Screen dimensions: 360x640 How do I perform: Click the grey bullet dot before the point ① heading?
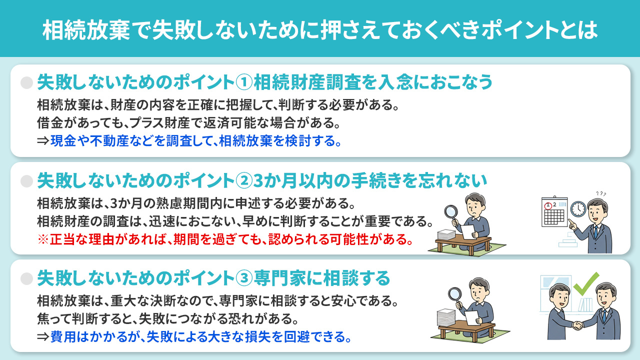click(26, 82)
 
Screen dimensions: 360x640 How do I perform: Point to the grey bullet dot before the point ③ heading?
click(26, 277)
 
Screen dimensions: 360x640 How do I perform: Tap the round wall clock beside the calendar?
click(578, 208)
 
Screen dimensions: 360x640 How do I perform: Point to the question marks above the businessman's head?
click(602, 194)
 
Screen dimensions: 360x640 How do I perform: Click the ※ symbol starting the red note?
click(43, 239)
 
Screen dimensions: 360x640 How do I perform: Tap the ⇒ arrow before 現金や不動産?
click(43, 141)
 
